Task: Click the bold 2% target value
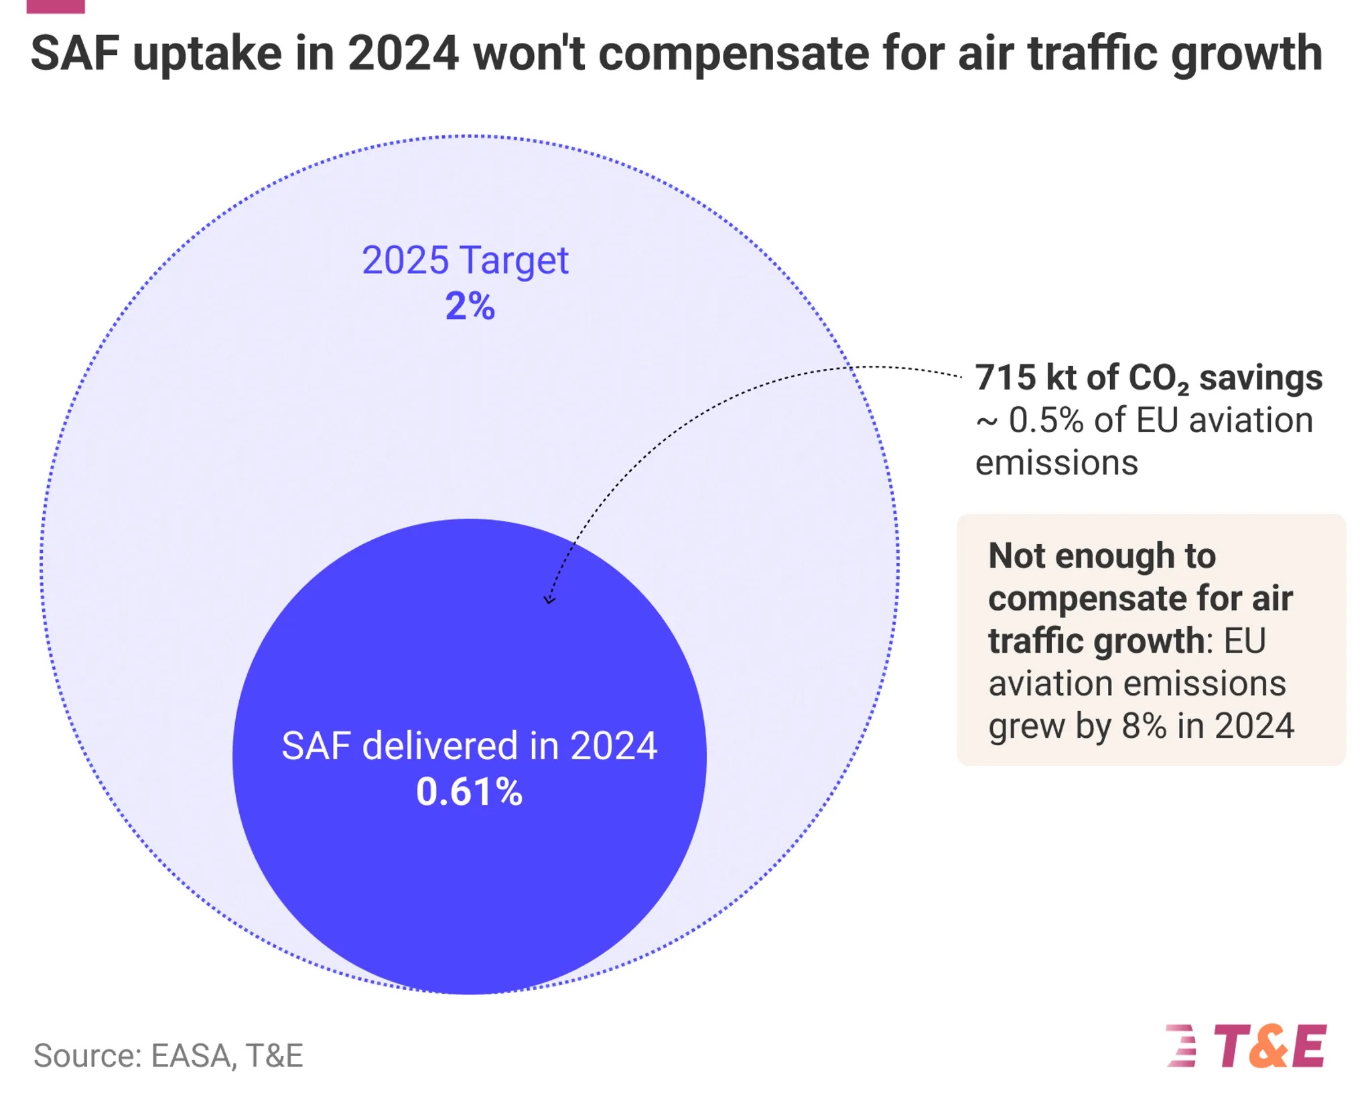(470, 307)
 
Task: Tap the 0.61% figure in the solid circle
(469, 792)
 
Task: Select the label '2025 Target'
(465, 260)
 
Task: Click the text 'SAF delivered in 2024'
(469, 746)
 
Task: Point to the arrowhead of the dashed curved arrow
(549, 598)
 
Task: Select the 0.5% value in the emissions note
(1046, 421)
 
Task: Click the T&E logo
(1247, 1046)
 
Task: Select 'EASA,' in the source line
(194, 1056)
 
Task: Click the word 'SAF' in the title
(74, 54)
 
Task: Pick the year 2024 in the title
(403, 54)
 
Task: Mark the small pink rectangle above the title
(56, 6)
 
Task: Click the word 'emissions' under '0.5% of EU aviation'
(1056, 463)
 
